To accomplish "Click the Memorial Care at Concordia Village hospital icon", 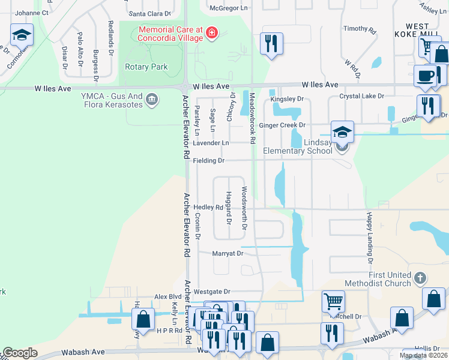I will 211,33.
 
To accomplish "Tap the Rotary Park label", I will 146,67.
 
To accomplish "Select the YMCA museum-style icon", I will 152,98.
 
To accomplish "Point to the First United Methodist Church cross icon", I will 420,278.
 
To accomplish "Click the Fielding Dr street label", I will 209,161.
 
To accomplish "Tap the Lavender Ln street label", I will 211,143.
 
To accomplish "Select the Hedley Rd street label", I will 208,208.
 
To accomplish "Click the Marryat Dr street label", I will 228,254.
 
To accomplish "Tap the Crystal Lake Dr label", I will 361,96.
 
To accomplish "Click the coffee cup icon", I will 426,76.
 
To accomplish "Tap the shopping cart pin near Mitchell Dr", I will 333,301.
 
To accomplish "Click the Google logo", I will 20,353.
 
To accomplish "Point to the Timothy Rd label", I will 359,29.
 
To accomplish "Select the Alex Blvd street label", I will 167,296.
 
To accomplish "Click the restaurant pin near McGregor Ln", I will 271,44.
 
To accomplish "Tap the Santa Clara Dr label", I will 150,13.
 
